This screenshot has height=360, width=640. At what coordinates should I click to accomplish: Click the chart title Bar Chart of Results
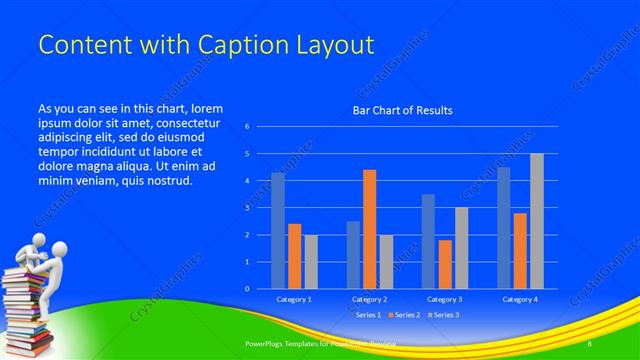click(x=402, y=110)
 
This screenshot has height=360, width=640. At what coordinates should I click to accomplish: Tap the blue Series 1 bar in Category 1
click(x=277, y=231)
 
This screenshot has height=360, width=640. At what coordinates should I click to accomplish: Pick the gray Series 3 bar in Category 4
click(x=537, y=221)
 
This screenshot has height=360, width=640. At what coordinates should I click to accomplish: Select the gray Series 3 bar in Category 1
click(x=311, y=262)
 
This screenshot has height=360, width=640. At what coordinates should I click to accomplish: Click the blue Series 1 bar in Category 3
click(x=428, y=241)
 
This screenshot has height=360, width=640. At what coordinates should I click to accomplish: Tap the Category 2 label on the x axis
click(x=369, y=299)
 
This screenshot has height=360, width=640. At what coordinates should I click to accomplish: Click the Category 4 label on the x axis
click(x=520, y=299)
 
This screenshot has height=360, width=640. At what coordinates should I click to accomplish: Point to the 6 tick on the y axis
click(x=247, y=127)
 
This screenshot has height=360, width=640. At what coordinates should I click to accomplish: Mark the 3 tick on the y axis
click(x=247, y=208)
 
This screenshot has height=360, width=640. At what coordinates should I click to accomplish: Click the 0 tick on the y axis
click(x=247, y=289)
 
